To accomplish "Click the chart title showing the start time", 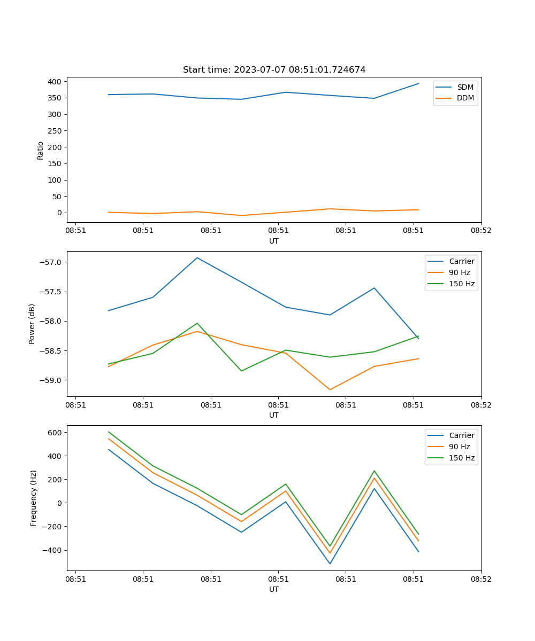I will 274,70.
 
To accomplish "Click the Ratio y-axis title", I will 40,150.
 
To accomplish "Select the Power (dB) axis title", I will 32,324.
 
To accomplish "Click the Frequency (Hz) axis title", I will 33,498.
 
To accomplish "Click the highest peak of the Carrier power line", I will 197,257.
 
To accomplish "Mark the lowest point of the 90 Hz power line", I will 330,389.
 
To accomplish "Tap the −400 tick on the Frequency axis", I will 53,550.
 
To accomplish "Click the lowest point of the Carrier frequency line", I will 330,564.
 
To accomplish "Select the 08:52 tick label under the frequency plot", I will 481,579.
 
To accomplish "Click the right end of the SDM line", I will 418,83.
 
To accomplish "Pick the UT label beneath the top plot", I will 274,241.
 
